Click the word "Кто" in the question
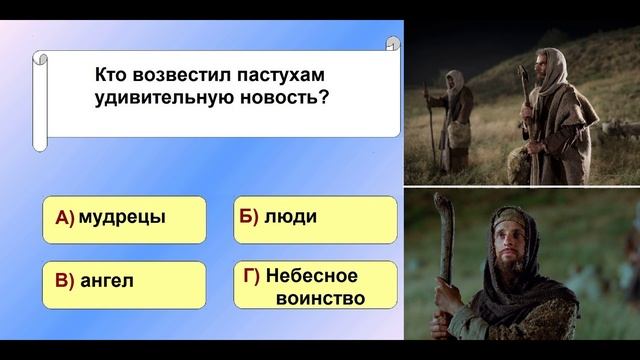tap(114, 76)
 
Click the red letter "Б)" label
tap(249, 217)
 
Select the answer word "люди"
tap(285, 217)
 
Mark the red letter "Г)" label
tap(252, 274)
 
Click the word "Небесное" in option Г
tap(312, 274)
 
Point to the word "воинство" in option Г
tap(312, 297)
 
